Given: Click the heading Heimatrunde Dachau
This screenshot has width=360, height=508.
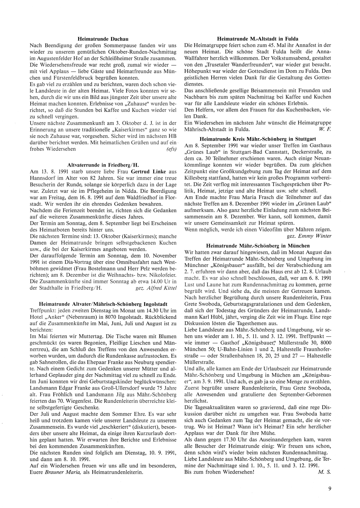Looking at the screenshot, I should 103,38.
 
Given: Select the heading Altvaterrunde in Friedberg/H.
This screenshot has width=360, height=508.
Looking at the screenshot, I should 103,165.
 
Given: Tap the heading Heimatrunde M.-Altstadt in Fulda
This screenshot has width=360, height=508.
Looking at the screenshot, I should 258,38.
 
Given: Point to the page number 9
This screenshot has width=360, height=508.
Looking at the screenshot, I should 330,489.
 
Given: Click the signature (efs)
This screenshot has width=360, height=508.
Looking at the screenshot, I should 172,149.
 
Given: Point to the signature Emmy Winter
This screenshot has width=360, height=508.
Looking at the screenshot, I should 315,236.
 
